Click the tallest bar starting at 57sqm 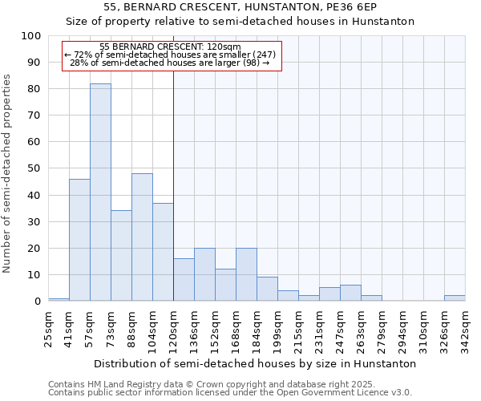pyautogui.click(x=100, y=192)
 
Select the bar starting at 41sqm pyautogui.click(x=79, y=240)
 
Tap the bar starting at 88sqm pyautogui.click(x=142, y=237)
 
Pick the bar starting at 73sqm pyautogui.click(x=121, y=256)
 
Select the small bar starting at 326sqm pyautogui.click(x=455, y=298)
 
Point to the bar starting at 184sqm pyautogui.click(x=267, y=289)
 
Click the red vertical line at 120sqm pyautogui.click(x=174, y=184)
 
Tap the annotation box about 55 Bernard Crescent pyautogui.click(x=172, y=55)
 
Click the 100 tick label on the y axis pyautogui.click(x=31, y=36)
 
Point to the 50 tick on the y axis pyautogui.click(x=34, y=168)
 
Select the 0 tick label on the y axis pyautogui.click(x=38, y=301)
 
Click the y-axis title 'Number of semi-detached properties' pyautogui.click(x=8, y=173)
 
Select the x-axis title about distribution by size pyautogui.click(x=255, y=363)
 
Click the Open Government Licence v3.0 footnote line pyautogui.click(x=229, y=393)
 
